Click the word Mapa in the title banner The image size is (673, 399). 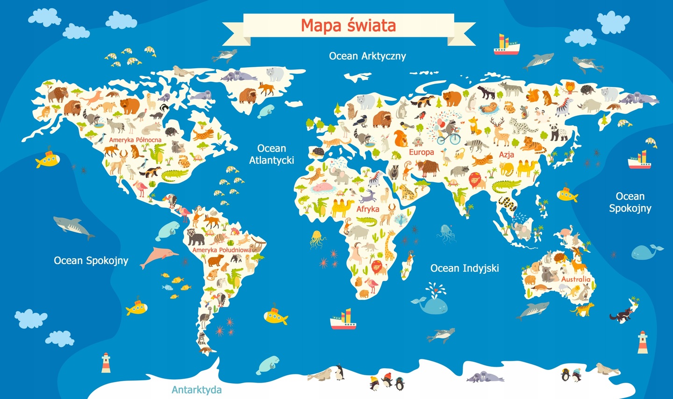click(x=321, y=26)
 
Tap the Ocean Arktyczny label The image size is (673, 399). click(x=367, y=56)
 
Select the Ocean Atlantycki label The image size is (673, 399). click(x=272, y=154)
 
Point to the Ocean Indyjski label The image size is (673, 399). click(x=465, y=268)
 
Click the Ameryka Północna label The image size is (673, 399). click(x=135, y=140)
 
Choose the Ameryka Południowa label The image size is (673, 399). click(x=222, y=250)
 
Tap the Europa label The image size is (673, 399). click(x=422, y=152)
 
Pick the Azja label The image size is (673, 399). click(x=506, y=155)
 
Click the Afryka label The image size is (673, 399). click(x=368, y=209)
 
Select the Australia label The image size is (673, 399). click(x=576, y=279)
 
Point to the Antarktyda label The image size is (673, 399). click(x=197, y=390)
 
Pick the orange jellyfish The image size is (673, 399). click(x=317, y=238)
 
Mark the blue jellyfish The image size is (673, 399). click(x=445, y=232)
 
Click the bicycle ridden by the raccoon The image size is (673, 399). click(x=448, y=138)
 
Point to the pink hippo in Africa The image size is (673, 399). click(x=323, y=186)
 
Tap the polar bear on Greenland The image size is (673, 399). click(x=275, y=74)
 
